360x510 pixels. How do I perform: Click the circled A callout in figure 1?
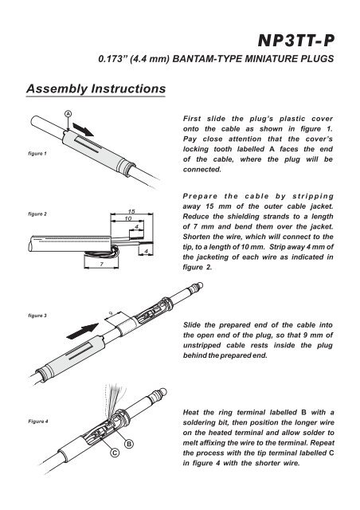click(x=68, y=114)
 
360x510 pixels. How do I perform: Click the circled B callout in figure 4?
click(x=127, y=443)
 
